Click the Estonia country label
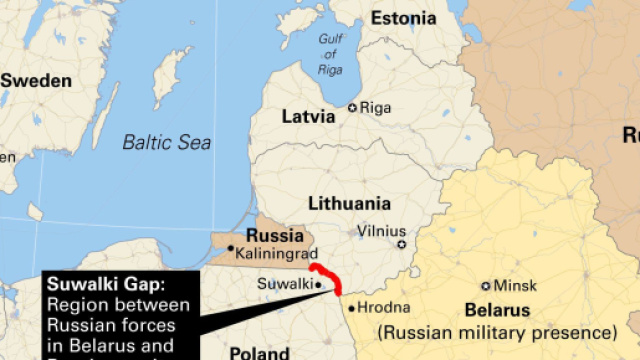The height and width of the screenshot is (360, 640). pyautogui.click(x=403, y=18)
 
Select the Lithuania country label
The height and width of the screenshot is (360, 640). pyautogui.click(x=349, y=202)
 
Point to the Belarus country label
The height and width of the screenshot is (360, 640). pyautogui.click(x=497, y=310)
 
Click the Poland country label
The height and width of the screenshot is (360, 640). pyautogui.click(x=260, y=353)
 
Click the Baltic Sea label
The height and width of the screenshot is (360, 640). pyautogui.click(x=167, y=142)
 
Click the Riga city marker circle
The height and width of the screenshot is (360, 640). pyautogui.click(x=352, y=107)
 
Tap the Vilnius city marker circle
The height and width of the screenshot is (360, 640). pyautogui.click(x=402, y=244)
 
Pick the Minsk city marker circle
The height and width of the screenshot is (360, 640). pyautogui.click(x=486, y=286)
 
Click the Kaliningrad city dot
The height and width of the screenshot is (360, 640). pyautogui.click(x=231, y=249)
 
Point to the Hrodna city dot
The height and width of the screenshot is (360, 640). pyautogui.click(x=351, y=307)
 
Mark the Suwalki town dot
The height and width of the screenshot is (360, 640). pyautogui.click(x=318, y=284)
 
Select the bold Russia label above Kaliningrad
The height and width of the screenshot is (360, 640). pyautogui.click(x=274, y=236)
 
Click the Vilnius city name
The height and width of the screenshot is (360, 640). pyautogui.click(x=382, y=229)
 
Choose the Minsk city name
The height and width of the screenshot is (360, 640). pyautogui.click(x=516, y=286)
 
